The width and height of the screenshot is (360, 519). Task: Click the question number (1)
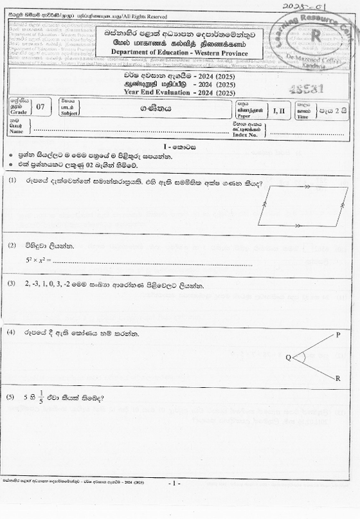tap(13, 181)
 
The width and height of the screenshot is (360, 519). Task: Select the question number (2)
tap(12, 246)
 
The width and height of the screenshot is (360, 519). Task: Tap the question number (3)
tap(12, 284)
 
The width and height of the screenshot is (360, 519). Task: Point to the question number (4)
tap(12, 332)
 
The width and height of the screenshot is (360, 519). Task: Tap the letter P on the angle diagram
tap(338, 335)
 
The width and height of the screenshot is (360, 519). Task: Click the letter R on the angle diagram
tap(338, 378)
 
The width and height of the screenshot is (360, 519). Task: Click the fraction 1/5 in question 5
tap(42, 397)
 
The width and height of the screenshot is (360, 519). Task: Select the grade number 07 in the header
tap(41, 107)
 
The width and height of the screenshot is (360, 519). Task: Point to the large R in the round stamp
tap(316, 36)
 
